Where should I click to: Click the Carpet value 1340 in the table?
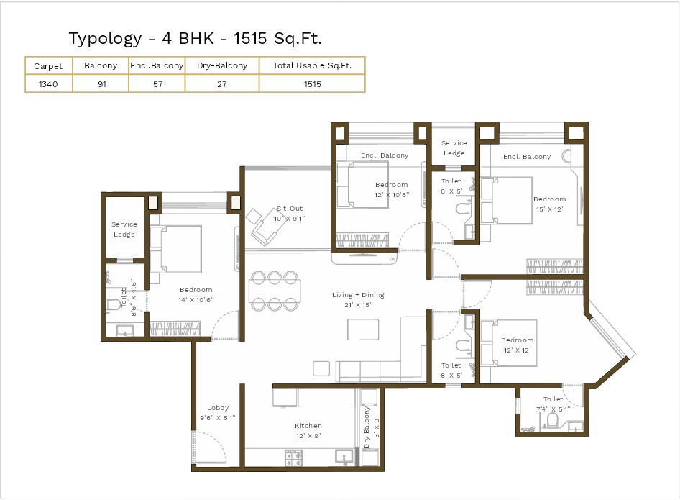click(x=48, y=84)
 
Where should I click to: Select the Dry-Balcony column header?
click(x=222, y=65)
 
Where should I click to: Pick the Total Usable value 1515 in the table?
click(x=312, y=84)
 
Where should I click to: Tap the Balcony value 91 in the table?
click(x=102, y=84)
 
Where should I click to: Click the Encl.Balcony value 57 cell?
click(x=158, y=84)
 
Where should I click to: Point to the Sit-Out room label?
click(x=290, y=209)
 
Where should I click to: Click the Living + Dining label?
click(x=358, y=295)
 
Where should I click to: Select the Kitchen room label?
click(x=308, y=426)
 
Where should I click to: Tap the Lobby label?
click(x=218, y=407)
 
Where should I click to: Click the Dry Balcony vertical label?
click(x=367, y=427)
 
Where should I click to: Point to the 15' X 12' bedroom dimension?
click(x=549, y=209)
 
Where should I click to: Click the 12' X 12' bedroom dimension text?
click(x=518, y=350)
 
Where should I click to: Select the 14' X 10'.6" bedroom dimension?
click(x=196, y=300)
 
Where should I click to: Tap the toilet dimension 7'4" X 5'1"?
click(x=553, y=409)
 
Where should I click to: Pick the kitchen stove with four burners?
click(x=293, y=458)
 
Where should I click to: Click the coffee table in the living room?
click(x=363, y=329)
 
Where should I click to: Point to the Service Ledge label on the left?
click(x=124, y=229)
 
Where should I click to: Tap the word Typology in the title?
click(x=106, y=39)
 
